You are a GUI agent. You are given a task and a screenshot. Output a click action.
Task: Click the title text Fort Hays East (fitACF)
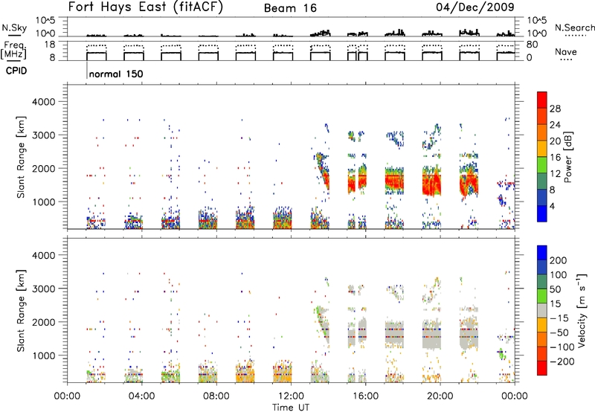point(146,7)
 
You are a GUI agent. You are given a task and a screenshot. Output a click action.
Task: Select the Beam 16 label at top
point(290,8)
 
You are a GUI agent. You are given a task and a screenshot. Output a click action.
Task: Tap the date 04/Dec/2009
point(475,7)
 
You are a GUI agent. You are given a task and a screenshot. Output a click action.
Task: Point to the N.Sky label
point(14,28)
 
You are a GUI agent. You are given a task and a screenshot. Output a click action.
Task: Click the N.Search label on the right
point(574,28)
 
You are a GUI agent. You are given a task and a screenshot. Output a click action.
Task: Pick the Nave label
point(566,51)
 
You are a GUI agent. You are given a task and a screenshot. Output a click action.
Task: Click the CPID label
point(16,71)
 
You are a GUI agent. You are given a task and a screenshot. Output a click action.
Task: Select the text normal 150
point(116,74)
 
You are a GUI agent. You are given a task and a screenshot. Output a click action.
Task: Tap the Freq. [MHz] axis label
point(13,51)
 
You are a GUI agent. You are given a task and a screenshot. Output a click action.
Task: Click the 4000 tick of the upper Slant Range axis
point(44,102)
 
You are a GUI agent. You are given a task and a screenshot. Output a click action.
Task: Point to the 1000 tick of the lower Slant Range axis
point(44,355)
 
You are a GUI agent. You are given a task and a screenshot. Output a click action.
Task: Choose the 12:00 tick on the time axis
point(291,396)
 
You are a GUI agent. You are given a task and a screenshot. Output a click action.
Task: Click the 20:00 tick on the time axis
point(440,396)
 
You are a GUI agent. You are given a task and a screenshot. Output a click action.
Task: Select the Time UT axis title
point(291,408)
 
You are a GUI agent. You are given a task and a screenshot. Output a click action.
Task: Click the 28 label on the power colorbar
point(555,109)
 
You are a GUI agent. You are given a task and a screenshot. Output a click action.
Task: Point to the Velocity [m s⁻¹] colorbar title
point(582,310)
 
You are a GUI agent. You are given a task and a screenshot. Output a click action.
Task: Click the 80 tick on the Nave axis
point(532,45)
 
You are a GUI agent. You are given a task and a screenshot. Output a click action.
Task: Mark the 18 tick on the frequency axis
point(49,45)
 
